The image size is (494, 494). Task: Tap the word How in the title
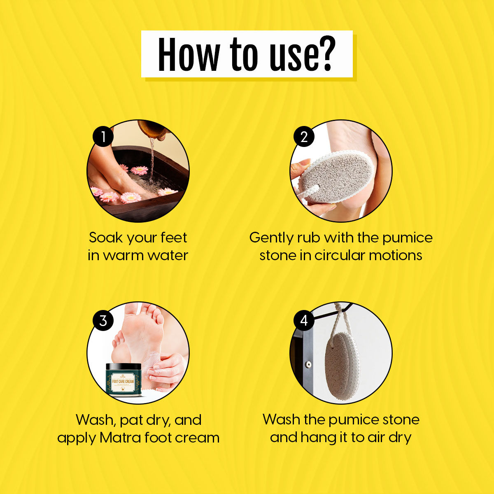pos(188,54)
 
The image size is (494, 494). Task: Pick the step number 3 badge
pos(103,320)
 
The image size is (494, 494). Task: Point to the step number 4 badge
pos(304,320)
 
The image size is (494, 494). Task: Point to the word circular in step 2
pos(340,255)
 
